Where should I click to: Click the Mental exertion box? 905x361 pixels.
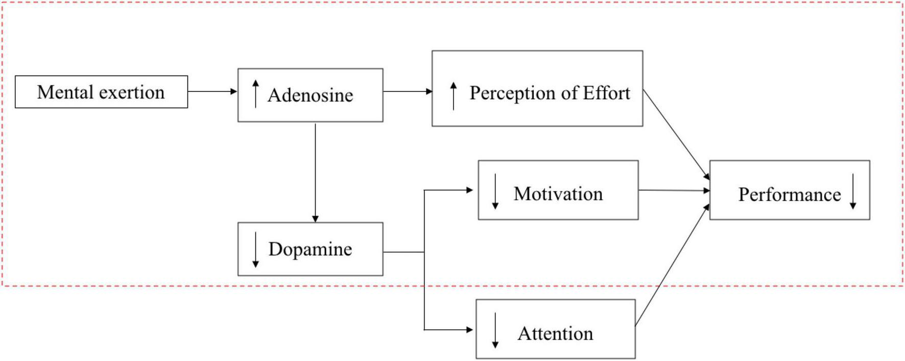(101, 92)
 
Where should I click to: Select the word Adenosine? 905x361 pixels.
(310, 95)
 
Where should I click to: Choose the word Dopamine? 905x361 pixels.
(310, 249)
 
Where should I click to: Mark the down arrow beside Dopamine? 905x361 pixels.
(255, 250)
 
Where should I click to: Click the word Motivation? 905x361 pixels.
(558, 194)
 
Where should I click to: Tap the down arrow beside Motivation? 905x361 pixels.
(495, 191)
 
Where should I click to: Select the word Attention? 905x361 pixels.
(555, 333)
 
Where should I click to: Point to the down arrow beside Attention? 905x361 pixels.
(495, 330)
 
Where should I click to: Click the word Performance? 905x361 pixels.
(789, 195)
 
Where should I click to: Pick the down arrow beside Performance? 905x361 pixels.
(853, 191)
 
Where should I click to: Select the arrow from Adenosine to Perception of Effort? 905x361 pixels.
(407, 92)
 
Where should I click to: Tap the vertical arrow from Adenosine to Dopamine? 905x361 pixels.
(315, 172)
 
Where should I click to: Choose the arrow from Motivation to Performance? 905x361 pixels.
(674, 190)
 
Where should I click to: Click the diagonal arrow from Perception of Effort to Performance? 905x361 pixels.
(676, 134)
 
